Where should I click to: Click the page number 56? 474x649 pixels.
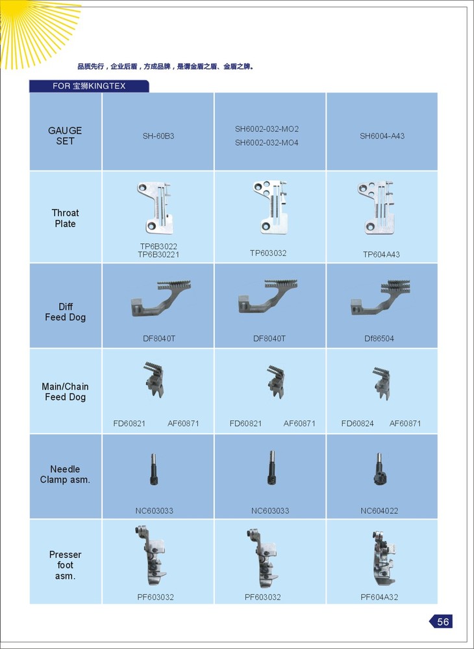[x=443, y=621]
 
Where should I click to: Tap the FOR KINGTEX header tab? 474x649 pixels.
[x=89, y=86]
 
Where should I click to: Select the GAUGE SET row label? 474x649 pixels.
[x=66, y=136]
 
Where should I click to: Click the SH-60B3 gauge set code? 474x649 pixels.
[x=158, y=136]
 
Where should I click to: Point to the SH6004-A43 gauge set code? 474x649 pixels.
[x=382, y=136]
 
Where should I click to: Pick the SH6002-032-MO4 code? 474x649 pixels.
[x=267, y=143]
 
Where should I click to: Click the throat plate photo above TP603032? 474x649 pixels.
[x=270, y=207]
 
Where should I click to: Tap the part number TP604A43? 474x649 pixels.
[x=381, y=254]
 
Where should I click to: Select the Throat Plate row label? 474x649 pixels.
[x=66, y=218]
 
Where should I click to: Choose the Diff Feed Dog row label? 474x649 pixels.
[x=66, y=312]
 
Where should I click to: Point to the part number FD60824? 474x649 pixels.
[x=358, y=423]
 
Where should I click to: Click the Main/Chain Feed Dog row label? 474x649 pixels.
[x=66, y=391]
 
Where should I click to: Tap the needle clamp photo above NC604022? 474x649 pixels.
[x=379, y=468]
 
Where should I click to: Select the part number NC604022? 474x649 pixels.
[x=379, y=510]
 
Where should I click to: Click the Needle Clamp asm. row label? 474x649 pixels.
[x=66, y=474]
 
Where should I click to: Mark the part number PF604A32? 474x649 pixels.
[x=379, y=597]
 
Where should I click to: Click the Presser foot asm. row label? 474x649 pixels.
[x=66, y=565]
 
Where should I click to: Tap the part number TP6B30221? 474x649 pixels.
[x=158, y=254]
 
